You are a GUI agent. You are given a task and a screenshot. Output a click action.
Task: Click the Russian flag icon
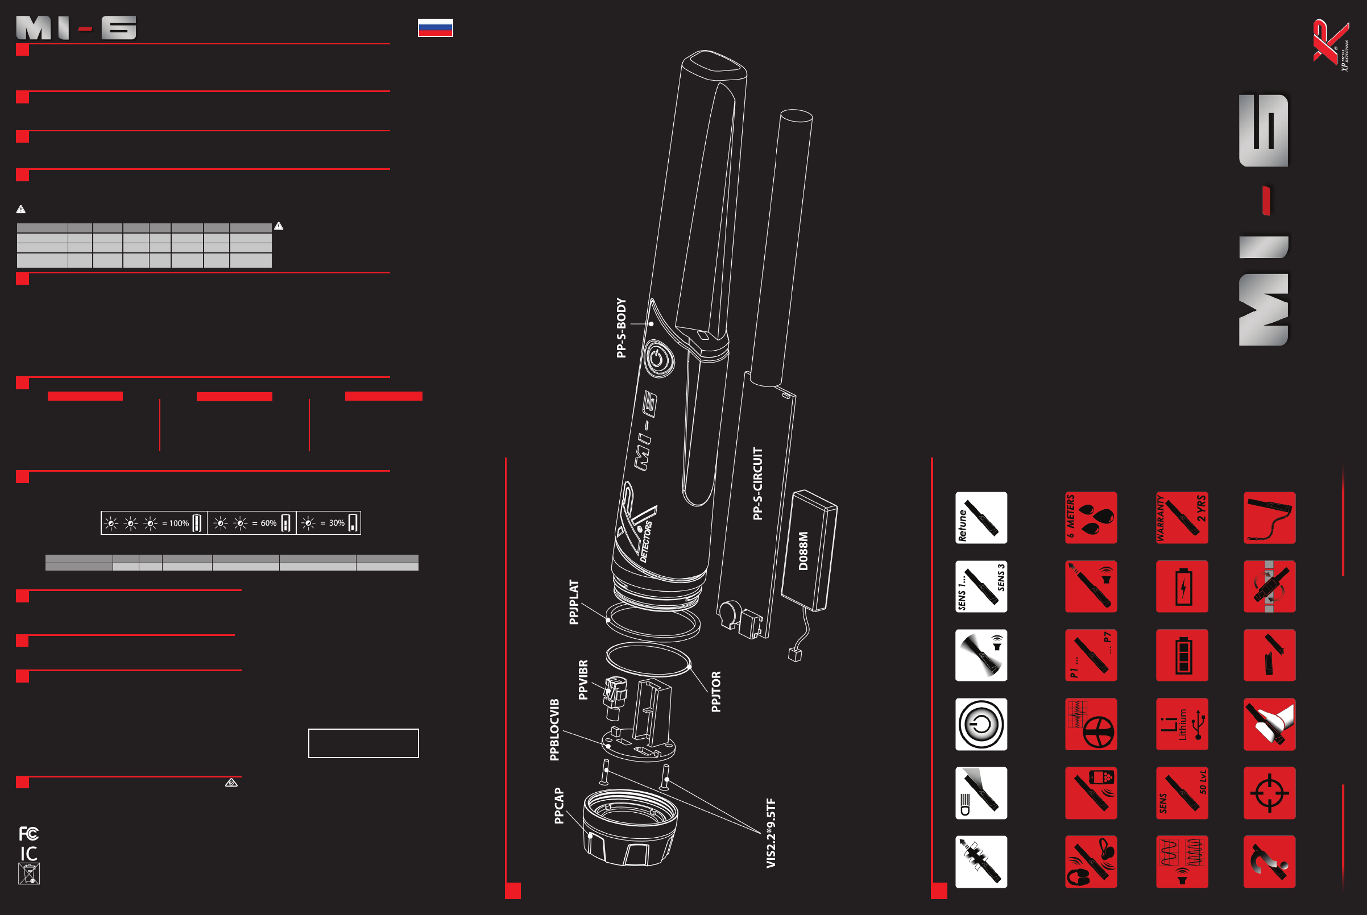pos(435,27)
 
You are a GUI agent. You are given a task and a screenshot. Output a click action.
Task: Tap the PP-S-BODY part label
pos(621,327)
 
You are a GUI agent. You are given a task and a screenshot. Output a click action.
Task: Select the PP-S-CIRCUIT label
pos(757,483)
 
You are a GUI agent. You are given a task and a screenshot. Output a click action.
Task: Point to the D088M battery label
pos(803,550)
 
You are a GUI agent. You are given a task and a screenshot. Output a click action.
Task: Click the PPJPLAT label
pos(574,602)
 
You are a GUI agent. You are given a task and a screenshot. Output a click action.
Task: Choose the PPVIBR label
pos(583,679)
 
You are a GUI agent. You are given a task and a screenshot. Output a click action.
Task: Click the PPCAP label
pos(558,805)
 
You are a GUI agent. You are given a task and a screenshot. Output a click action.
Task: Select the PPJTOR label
pos(716,692)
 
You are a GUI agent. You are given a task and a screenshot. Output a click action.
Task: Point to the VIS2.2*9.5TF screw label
pos(771,833)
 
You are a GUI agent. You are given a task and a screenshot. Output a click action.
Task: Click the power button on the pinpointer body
pos(658,358)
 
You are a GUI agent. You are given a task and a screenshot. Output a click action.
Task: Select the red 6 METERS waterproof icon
pos(1090,518)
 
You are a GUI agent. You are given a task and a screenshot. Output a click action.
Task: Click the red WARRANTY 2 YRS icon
pos(1182,518)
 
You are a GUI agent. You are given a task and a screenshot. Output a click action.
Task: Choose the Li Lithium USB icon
pos(1182,723)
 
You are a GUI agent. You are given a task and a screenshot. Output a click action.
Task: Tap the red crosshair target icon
pos(1269,792)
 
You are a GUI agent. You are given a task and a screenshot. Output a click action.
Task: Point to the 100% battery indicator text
pos(179,523)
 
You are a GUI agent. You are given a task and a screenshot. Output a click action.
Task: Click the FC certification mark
pos(28,833)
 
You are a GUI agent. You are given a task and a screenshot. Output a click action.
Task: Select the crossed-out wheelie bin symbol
pos(28,874)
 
